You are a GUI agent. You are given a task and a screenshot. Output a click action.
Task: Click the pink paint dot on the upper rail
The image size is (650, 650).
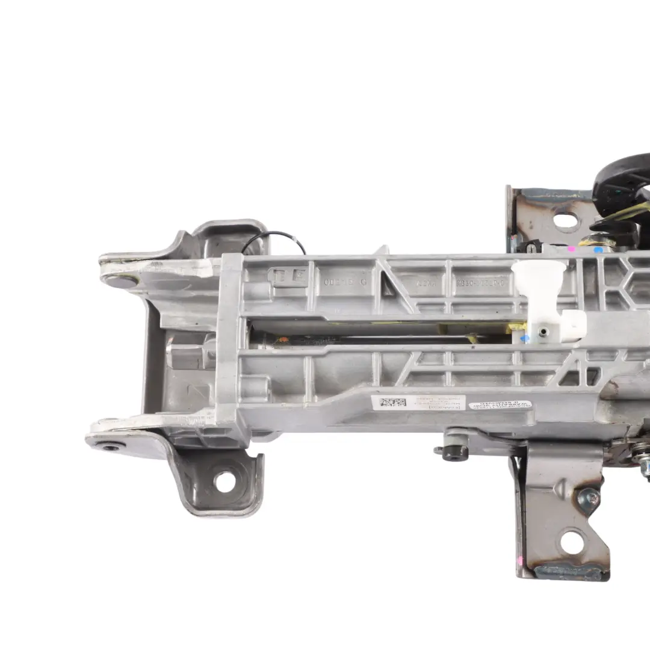pos(571,248)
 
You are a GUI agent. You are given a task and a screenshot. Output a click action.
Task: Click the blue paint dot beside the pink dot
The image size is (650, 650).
pos(598,249)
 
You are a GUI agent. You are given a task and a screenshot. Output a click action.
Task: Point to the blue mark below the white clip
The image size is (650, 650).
pos(525,339)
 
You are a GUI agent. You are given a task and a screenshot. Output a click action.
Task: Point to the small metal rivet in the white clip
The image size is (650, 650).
pos(544,332)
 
